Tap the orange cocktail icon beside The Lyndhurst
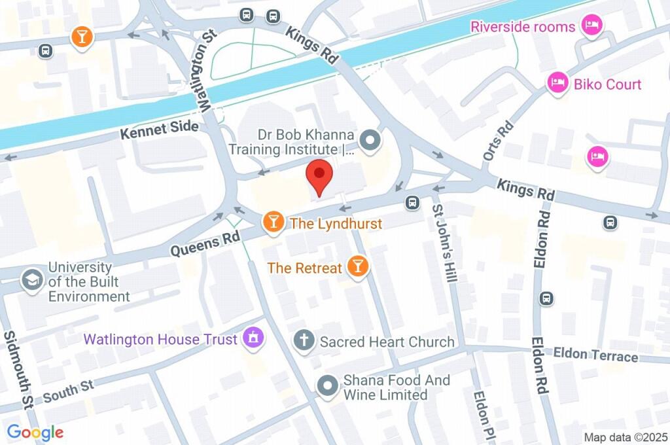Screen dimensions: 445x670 click(x=272, y=223)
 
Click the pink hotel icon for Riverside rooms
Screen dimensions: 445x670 click(x=592, y=26)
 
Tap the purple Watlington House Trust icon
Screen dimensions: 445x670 click(x=252, y=338)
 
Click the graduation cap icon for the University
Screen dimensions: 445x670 click(x=31, y=280)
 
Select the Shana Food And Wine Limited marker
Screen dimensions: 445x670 click(x=326, y=386)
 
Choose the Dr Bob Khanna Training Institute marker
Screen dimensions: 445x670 click(x=370, y=140)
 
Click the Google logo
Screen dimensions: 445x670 click(x=35, y=433)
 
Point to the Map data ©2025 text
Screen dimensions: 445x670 click(x=626, y=437)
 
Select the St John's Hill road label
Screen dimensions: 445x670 click(x=444, y=243)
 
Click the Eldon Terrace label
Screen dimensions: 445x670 click(x=595, y=356)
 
